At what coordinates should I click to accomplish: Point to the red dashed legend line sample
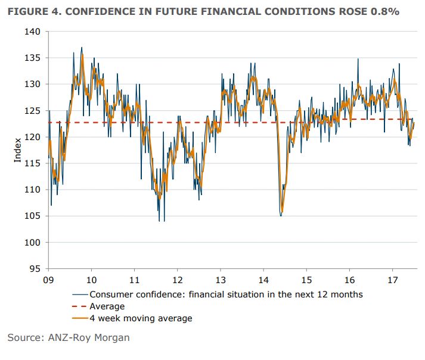point(80,306)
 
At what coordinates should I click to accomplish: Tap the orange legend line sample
point(80,318)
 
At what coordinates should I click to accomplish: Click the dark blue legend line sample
point(80,294)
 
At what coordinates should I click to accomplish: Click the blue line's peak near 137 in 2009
point(82,48)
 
